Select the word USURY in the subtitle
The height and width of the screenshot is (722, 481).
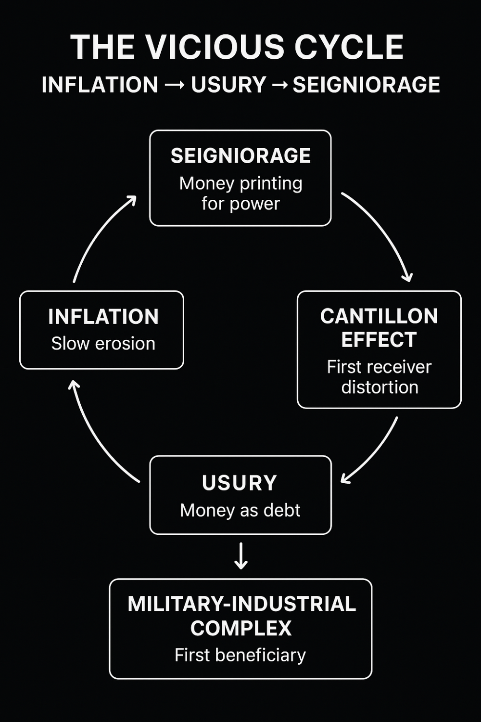(x=228, y=85)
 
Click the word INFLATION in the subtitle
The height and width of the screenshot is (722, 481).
(x=100, y=85)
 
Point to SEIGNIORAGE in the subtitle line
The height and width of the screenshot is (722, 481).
(x=366, y=85)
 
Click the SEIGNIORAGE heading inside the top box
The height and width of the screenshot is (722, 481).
(x=240, y=156)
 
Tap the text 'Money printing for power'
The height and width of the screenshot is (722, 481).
(x=240, y=193)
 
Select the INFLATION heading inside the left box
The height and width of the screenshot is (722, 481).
(x=103, y=317)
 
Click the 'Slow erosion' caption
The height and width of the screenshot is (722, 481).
(x=103, y=344)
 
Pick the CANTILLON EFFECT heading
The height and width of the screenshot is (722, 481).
(x=379, y=328)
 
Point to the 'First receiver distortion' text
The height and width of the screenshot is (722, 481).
(x=379, y=377)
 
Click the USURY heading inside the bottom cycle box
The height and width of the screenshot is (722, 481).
(x=240, y=483)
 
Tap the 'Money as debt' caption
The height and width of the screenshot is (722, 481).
(x=240, y=510)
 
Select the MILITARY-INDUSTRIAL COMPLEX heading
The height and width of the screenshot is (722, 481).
(x=241, y=616)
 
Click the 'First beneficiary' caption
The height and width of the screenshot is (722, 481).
(x=240, y=655)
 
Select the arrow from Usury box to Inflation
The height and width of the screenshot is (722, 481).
(x=99, y=436)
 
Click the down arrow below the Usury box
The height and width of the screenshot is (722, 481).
(x=240, y=556)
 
